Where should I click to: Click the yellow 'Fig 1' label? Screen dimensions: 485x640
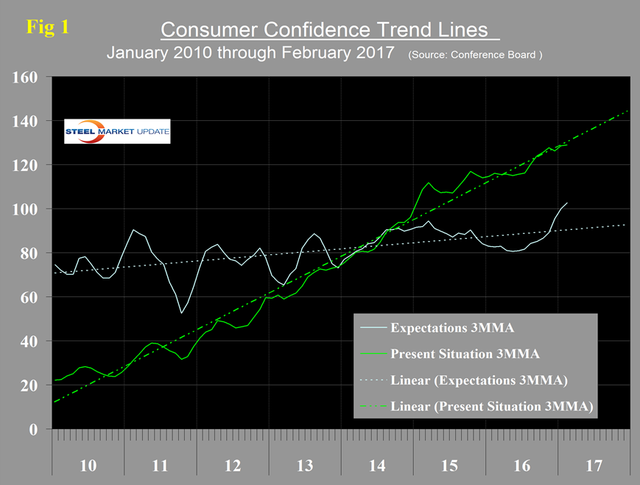point(48,27)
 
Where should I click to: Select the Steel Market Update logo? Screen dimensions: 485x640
point(117,131)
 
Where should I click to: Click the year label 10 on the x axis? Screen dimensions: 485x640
point(88,466)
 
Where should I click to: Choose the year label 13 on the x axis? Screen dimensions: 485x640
point(304,466)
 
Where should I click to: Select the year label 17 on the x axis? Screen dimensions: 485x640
point(594,466)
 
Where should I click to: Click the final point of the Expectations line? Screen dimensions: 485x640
point(567,203)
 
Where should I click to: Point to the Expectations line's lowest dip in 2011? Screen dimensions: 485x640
point(181,313)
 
